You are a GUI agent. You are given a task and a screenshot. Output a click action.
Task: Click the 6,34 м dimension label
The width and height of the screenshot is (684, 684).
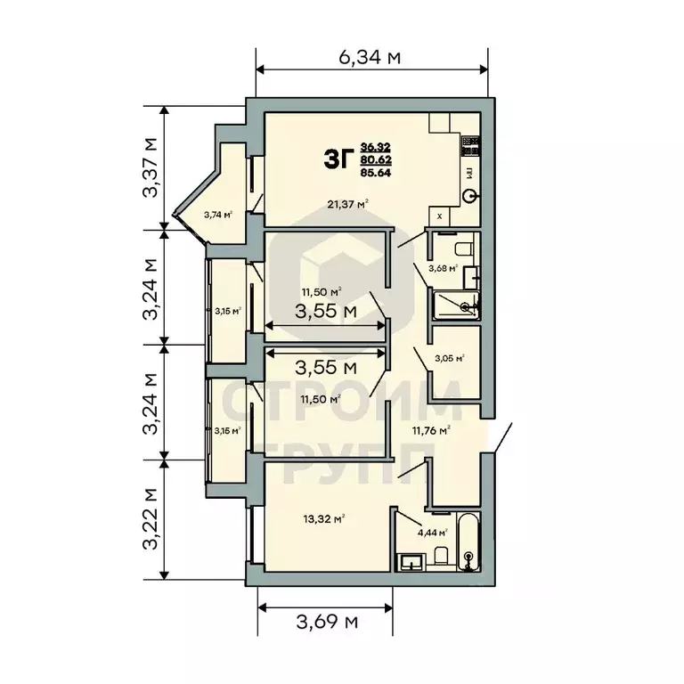click(370, 58)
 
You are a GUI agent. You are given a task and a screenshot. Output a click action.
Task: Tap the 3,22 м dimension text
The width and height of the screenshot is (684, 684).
click(152, 518)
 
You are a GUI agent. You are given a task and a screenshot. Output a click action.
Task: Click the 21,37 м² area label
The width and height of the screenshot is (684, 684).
click(348, 204)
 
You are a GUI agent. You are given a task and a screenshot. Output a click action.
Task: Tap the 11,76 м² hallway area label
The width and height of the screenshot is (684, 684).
click(430, 429)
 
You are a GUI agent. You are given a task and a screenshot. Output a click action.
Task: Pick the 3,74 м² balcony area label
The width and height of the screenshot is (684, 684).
click(217, 214)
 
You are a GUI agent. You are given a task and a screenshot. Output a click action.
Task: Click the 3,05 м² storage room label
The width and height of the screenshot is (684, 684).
click(446, 359)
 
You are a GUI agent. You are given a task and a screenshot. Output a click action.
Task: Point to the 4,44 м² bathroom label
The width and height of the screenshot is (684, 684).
click(415, 534)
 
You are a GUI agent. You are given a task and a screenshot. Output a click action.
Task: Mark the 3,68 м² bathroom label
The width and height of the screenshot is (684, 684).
click(442, 267)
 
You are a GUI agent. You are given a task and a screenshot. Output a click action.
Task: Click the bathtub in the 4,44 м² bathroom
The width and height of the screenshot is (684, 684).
click(469, 544)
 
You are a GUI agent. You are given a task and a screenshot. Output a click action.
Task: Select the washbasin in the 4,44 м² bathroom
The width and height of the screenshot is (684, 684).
click(411, 562)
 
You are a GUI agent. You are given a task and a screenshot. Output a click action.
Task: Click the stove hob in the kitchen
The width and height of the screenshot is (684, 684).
click(471, 142)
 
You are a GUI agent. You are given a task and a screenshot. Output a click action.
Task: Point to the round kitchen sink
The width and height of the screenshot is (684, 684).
click(471, 196)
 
